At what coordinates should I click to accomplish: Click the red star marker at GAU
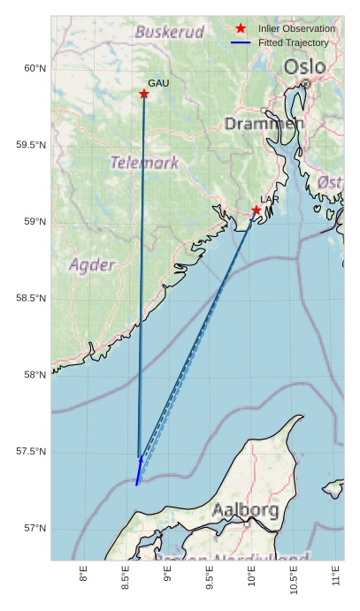pyautogui.click(x=144, y=94)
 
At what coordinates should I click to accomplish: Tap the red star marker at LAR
pyautogui.click(x=257, y=210)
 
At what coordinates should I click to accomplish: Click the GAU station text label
pyautogui.click(x=158, y=83)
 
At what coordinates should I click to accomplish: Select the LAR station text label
pyautogui.click(x=270, y=200)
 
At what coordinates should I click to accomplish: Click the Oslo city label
pyautogui.click(x=304, y=67)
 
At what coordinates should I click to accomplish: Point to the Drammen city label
pyautogui.click(x=264, y=124)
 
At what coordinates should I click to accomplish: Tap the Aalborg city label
pyautogui.click(x=245, y=510)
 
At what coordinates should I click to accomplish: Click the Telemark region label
pyautogui.click(x=144, y=163)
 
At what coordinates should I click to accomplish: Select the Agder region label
pyautogui.click(x=92, y=264)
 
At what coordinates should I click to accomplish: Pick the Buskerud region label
pyautogui.click(x=169, y=32)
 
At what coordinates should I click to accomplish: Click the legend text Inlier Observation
pyautogui.click(x=296, y=29)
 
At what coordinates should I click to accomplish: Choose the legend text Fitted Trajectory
pyautogui.click(x=293, y=42)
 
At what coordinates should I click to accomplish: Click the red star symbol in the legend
pyautogui.click(x=241, y=29)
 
